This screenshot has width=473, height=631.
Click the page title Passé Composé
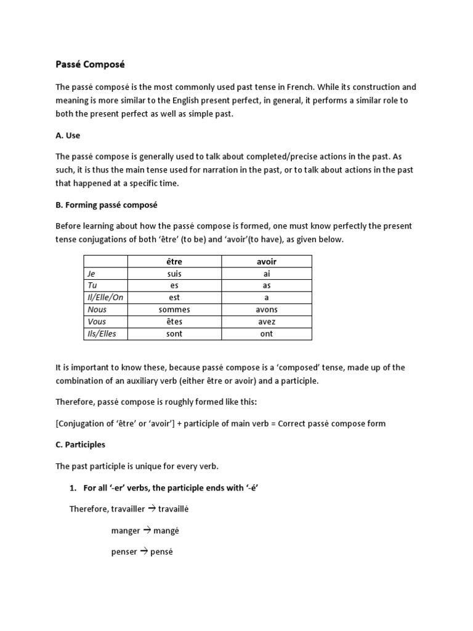point(90,64)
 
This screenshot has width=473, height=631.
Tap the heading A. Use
point(68,135)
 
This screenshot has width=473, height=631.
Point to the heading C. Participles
point(81,444)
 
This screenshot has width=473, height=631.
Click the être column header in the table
point(174,261)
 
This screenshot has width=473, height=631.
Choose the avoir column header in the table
point(267,261)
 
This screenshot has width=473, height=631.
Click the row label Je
point(92,274)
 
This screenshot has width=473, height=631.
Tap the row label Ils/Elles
point(102,334)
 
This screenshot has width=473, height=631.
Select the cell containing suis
point(174,274)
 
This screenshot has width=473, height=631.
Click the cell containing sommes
point(174,310)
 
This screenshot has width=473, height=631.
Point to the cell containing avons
point(267,310)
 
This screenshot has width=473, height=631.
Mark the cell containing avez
point(267,322)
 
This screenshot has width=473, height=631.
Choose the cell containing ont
point(267,334)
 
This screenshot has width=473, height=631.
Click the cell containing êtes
point(174,322)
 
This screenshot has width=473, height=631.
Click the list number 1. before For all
point(72,488)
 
